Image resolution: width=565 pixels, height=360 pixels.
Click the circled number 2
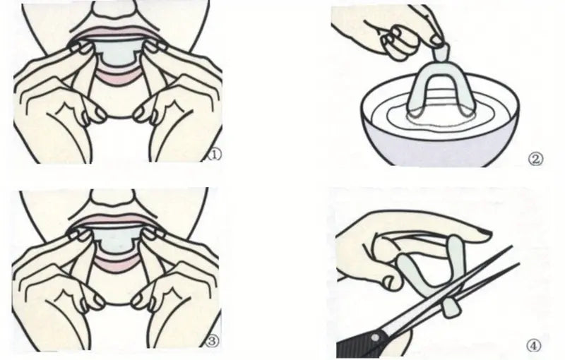(x=536, y=160)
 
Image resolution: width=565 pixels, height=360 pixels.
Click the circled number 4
(x=535, y=346)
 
